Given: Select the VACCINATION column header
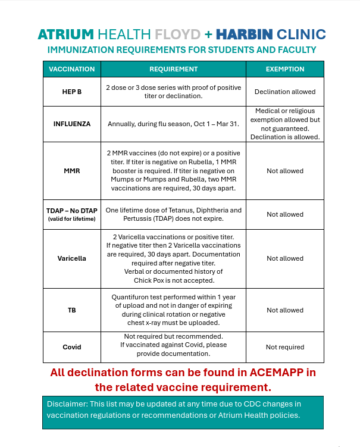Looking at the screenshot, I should point(72,69).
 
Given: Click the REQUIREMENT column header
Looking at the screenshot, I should point(173,69).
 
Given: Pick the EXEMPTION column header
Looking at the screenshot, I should point(285,69).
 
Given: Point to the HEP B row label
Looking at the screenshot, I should point(72,92).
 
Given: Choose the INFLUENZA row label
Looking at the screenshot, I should point(72,124).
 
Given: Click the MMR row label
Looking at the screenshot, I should point(72,171).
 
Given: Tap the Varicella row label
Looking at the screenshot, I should point(72,258).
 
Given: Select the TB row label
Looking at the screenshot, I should point(72,310).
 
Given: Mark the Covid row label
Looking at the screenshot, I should point(72,347).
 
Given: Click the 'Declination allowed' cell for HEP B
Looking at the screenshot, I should point(285,92).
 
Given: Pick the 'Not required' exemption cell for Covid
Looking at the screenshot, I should point(285,347).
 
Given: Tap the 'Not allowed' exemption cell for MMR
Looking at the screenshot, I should point(285,171).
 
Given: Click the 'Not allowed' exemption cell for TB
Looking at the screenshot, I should point(285,310).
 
